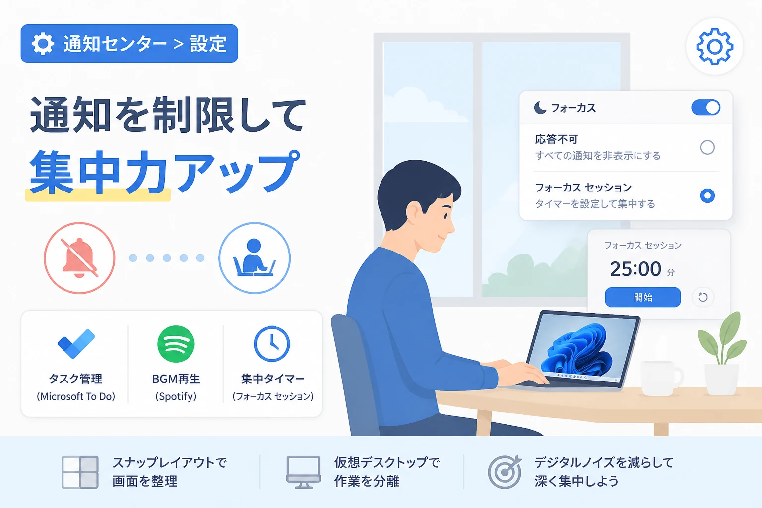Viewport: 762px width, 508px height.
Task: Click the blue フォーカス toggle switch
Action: pyautogui.click(x=705, y=108)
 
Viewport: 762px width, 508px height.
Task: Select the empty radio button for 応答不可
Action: pyautogui.click(x=707, y=147)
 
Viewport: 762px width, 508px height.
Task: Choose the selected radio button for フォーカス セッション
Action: pyautogui.click(x=707, y=195)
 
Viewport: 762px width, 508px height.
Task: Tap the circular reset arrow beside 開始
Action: pyautogui.click(x=703, y=297)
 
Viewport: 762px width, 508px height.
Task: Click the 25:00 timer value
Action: pyautogui.click(x=635, y=269)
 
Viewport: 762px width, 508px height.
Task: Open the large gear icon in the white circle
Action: pyautogui.click(x=714, y=47)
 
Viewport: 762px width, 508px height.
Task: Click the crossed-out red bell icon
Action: pyautogui.click(x=79, y=258)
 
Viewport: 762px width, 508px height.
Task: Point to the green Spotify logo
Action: pyautogui.click(x=176, y=344)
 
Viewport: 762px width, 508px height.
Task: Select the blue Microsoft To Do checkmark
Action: pyautogui.click(x=76, y=344)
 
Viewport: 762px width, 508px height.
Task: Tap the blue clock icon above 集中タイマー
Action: pyautogui.click(x=272, y=344)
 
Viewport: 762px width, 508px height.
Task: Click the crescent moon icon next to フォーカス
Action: pyautogui.click(x=540, y=108)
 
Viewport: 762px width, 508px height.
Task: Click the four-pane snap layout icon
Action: pyautogui.click(x=80, y=472)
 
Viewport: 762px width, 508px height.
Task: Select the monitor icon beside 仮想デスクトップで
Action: pyautogui.click(x=304, y=472)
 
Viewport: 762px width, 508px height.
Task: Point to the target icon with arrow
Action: pyautogui.click(x=505, y=472)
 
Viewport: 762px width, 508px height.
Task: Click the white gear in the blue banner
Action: pyautogui.click(x=43, y=44)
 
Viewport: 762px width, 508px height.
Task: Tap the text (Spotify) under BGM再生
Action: pyautogui.click(x=176, y=396)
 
